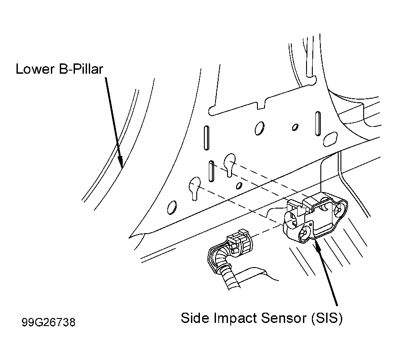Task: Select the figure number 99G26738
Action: pyautogui.click(x=49, y=322)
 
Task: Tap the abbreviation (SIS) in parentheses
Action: pyautogui.click(x=327, y=318)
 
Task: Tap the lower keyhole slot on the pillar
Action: pyautogui.click(x=195, y=188)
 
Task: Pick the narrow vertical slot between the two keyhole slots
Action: pyautogui.click(x=211, y=171)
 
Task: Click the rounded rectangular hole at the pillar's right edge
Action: pyautogui.click(x=330, y=139)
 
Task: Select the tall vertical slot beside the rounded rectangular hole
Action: pyautogui.click(x=318, y=123)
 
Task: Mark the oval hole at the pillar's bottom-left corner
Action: pyautogui.click(x=172, y=208)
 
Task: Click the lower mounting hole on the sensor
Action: pyautogui.click(x=304, y=232)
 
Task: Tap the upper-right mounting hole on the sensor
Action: pyautogui.click(x=338, y=210)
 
